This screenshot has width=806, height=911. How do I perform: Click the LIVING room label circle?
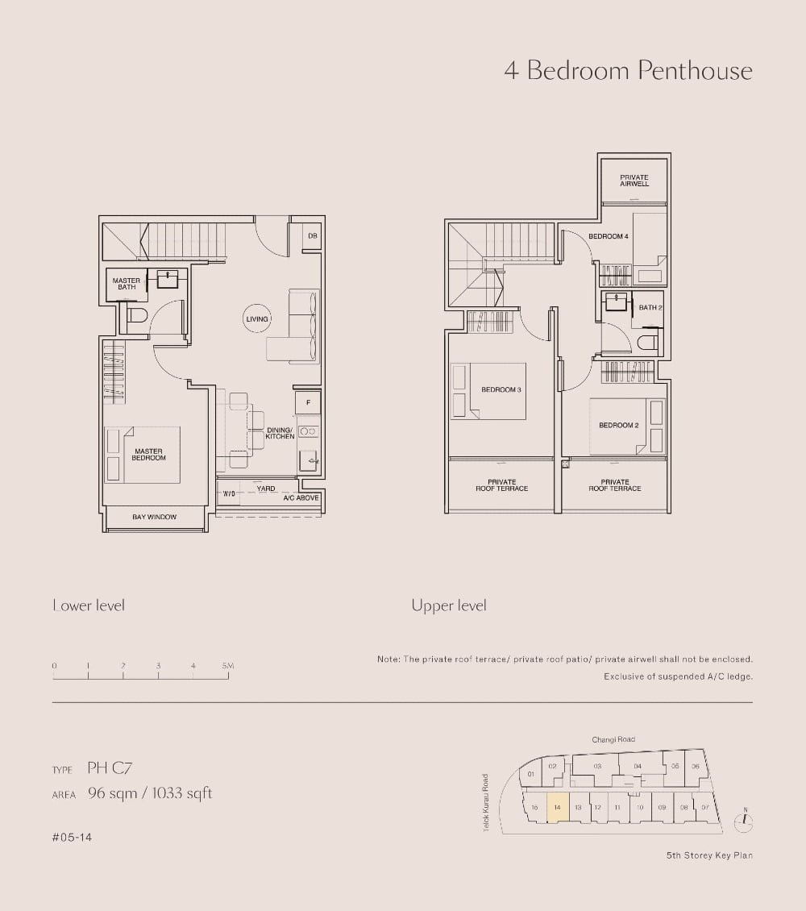coord(257,319)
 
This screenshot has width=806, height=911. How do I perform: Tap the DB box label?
coord(312,236)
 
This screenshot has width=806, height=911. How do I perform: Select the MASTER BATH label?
coord(126,284)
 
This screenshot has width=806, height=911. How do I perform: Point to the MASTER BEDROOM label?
coord(149,455)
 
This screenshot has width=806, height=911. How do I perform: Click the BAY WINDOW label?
coord(154,517)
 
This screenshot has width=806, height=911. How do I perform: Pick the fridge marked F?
coord(308,402)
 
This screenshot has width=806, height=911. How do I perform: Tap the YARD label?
coord(266,489)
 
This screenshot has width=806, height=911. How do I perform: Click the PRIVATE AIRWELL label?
coord(634,181)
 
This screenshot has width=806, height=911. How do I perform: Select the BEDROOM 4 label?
coord(608,236)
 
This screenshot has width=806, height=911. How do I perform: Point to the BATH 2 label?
coord(650,307)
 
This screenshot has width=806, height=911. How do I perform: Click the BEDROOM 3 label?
coord(501,389)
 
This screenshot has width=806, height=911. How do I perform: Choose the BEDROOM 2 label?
coord(619,425)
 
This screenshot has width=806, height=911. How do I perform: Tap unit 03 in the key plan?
coord(597,766)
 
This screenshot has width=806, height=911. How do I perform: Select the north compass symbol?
coord(746,822)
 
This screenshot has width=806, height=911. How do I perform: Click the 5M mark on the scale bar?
coord(228,666)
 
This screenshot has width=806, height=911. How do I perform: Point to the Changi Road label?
coord(613,739)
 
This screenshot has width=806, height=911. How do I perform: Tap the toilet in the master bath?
coord(135,316)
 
